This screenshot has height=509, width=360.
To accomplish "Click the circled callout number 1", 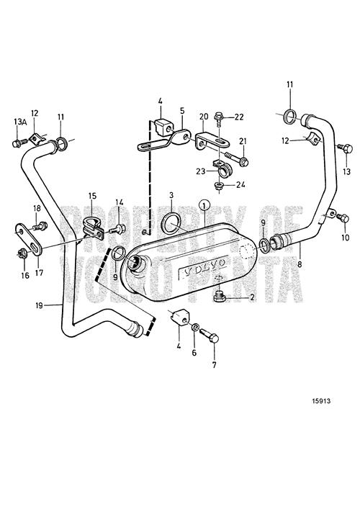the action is tap(204, 205).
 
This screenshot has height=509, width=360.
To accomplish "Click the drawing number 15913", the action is tap(321, 401).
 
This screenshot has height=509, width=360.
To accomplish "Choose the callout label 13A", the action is tap(19, 122).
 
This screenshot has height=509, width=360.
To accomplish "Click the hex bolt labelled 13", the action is tap(344, 148).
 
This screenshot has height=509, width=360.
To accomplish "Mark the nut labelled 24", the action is tap(219, 186).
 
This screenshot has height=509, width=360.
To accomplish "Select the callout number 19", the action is tap(39, 305).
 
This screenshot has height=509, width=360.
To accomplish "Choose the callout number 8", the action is tap(300, 264).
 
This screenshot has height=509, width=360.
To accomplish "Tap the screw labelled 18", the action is tap(40, 225).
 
